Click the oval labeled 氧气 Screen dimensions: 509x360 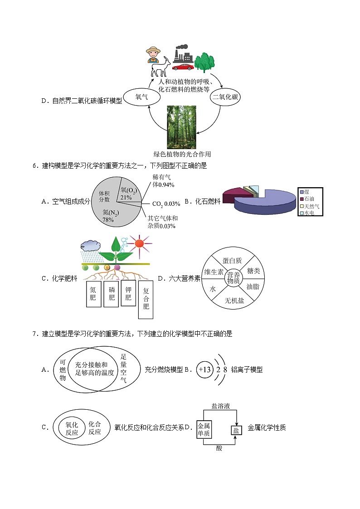pyautogui.click(x=142, y=97)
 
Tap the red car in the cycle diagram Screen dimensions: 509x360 pyautogui.click(x=183, y=67)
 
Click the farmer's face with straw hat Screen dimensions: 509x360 pyautogui.click(x=153, y=55)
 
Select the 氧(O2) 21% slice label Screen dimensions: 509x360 pyautogui.click(x=128, y=194)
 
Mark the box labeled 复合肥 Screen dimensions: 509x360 pyautogui.click(x=146, y=298)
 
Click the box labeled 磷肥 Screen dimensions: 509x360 pyautogui.click(x=111, y=294)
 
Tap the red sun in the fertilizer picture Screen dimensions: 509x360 pyautogui.click(x=139, y=243)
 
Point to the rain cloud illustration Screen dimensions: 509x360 pyautogui.click(x=89, y=245)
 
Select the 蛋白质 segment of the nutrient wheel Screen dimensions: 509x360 pyautogui.click(x=232, y=260)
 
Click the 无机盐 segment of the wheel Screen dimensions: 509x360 pyautogui.click(x=234, y=300)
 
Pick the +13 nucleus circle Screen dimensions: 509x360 pyautogui.click(x=205, y=369)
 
